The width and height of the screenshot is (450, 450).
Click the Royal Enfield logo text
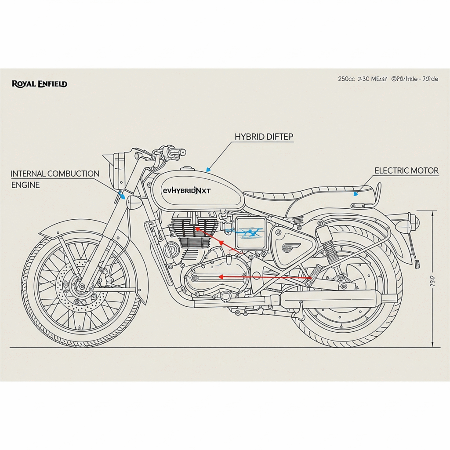40,83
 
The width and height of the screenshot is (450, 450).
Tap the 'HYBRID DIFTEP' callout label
264,137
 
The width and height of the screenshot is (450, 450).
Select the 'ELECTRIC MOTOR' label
406,171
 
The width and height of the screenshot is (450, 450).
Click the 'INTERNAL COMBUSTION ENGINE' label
55,179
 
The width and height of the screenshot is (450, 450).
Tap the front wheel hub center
81,287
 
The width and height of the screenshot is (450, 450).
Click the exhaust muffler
334,299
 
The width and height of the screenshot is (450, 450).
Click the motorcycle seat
308,193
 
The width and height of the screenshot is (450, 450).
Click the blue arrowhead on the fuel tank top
208,169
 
